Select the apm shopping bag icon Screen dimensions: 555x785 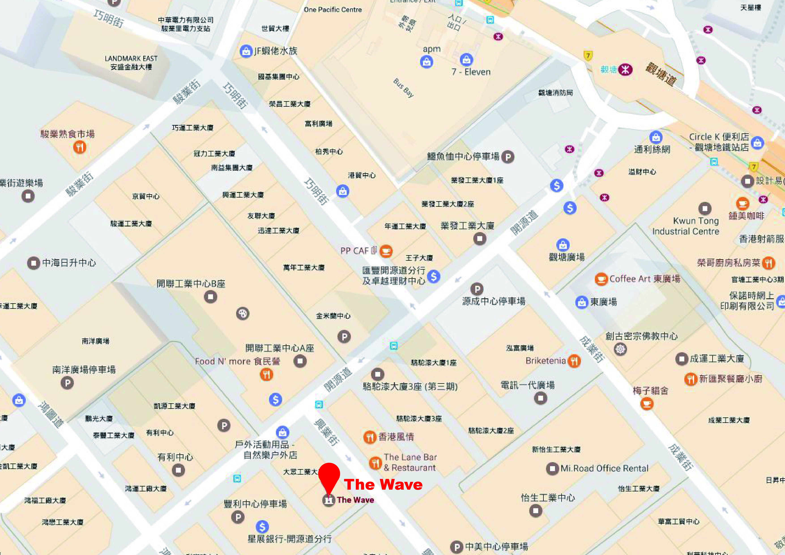[426, 62]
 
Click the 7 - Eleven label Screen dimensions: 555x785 [471, 72]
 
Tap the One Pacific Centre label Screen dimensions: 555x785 [333, 10]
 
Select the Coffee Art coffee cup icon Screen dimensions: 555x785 [601, 279]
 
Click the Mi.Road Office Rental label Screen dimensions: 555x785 [604, 468]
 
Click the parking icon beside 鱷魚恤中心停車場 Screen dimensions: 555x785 [508, 157]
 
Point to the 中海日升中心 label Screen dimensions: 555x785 [69, 263]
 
